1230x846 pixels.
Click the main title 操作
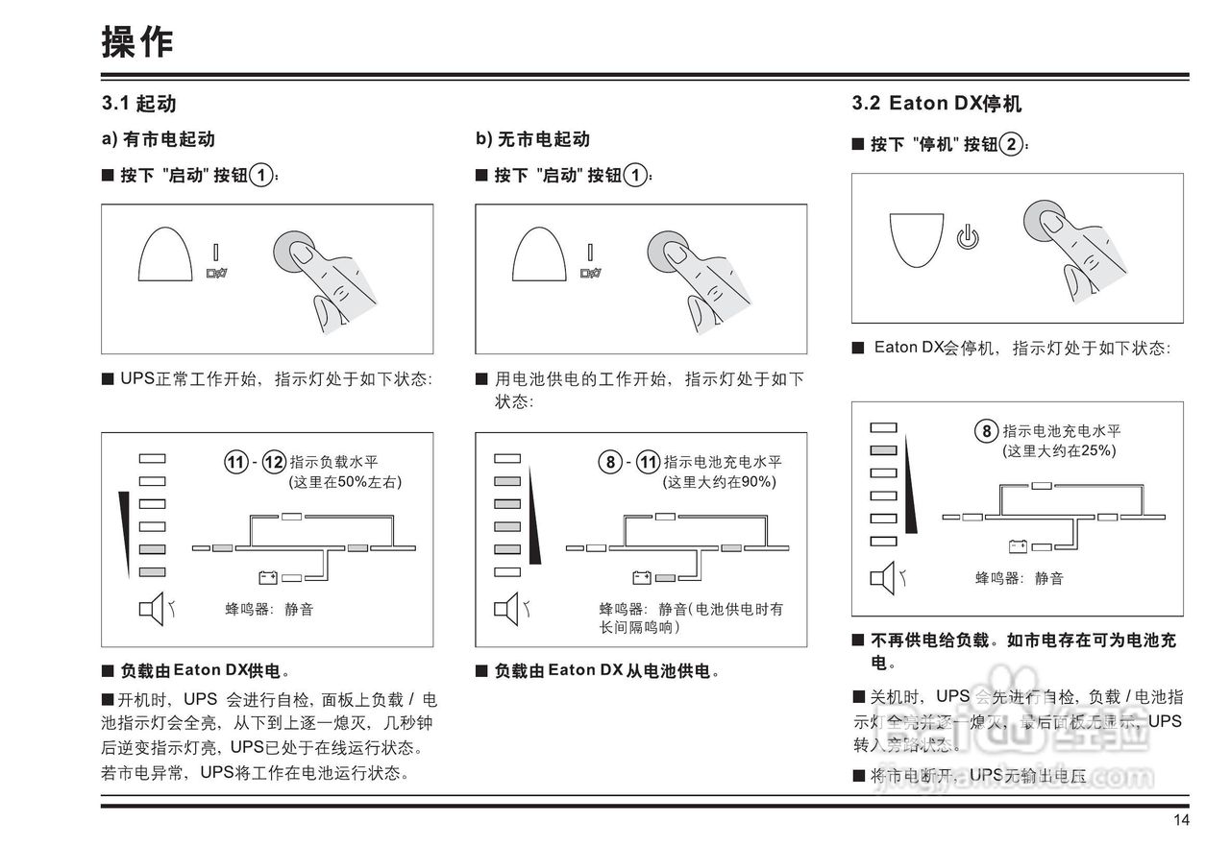pos(137,41)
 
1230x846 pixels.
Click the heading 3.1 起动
pos(139,103)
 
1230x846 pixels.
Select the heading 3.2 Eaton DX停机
pos(936,103)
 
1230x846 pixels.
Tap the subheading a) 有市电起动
pos(158,139)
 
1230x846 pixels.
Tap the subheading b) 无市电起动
pos(532,139)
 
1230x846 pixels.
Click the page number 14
pos(1181,819)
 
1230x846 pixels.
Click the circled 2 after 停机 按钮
pos(1010,145)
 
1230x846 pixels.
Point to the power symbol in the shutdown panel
pos(968,236)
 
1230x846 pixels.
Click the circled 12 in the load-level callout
pos(275,462)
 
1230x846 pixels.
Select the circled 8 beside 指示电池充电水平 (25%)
pos(986,431)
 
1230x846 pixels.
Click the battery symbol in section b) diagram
pos(642,576)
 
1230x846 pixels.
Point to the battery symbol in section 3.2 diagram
pos(1018,546)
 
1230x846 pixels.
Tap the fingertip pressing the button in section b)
pos(676,254)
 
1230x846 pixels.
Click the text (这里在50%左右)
pos(345,482)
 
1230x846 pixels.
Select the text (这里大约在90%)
pos(720,482)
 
